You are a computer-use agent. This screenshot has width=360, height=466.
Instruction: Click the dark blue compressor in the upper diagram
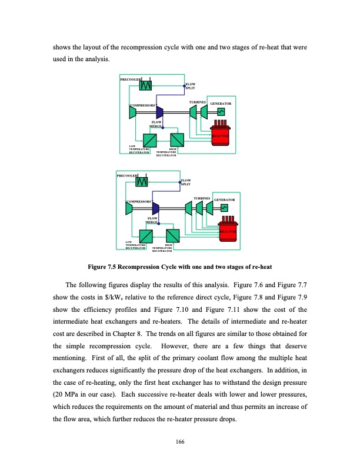tap(159, 112)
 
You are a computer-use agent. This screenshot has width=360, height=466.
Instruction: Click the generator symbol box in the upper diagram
tap(221, 112)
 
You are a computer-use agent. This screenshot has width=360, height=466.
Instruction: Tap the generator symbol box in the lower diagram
tap(224, 208)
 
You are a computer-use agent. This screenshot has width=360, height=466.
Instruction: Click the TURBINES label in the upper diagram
tap(197, 102)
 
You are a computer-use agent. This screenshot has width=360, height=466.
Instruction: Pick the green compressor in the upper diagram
tap(134, 112)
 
